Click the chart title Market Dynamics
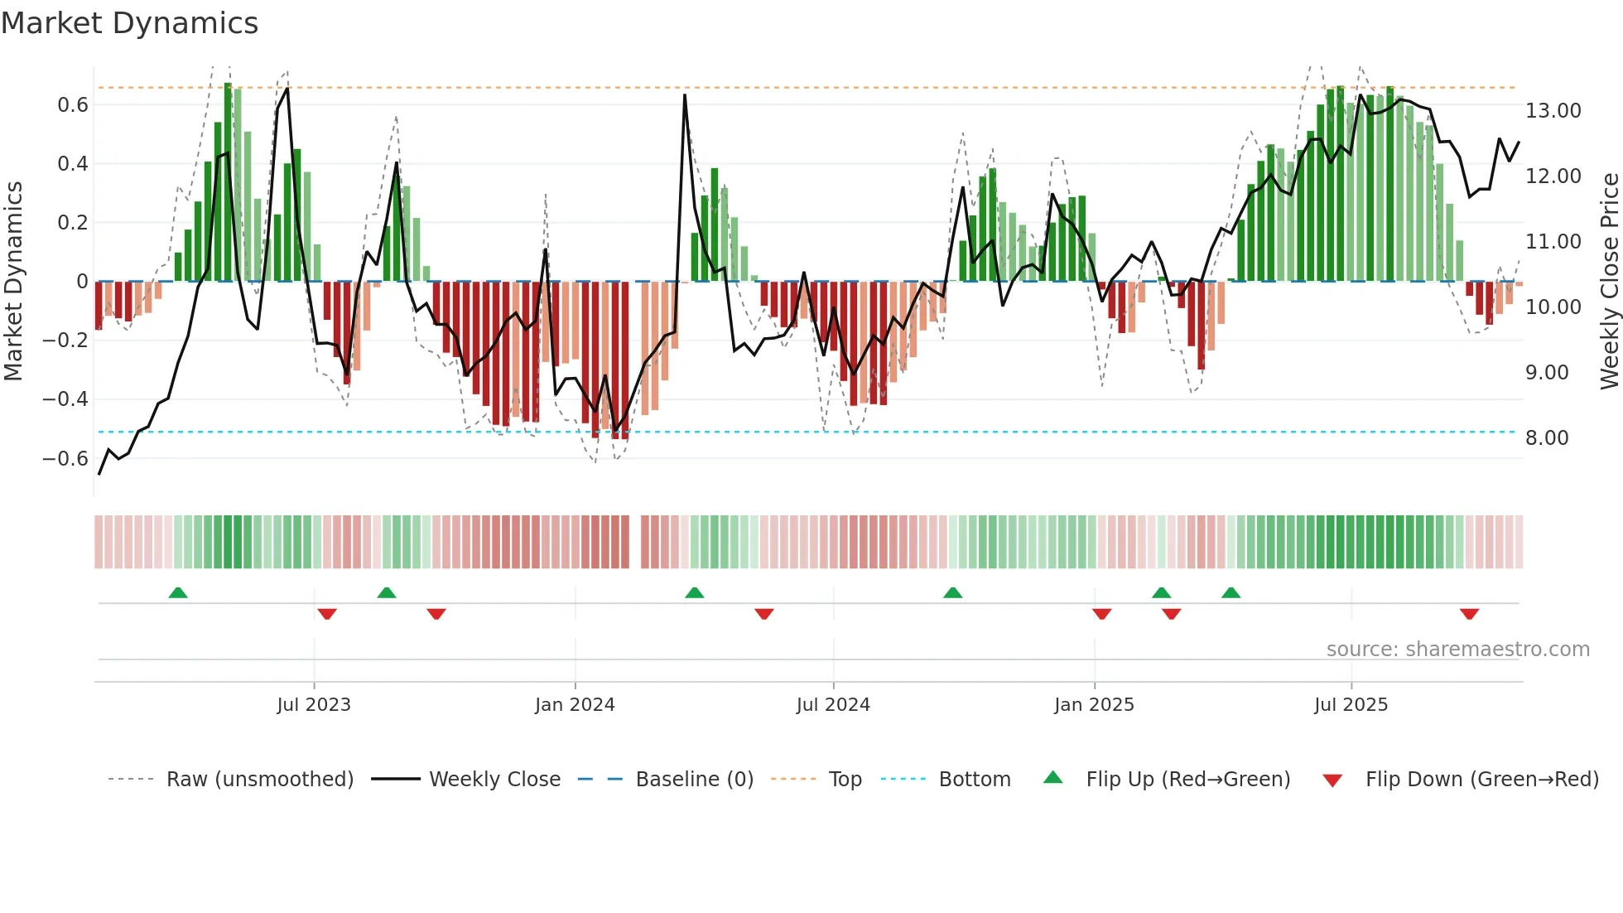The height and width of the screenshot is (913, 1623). (129, 23)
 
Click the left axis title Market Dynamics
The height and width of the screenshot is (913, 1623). (13, 281)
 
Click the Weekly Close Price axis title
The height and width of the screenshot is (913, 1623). (1609, 281)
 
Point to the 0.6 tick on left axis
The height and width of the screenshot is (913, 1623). (73, 105)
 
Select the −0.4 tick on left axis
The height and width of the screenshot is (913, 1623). (65, 399)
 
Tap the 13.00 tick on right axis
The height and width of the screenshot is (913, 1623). (1553, 111)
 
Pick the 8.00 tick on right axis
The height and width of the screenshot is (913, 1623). (1547, 438)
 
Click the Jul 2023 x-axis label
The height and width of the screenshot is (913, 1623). (314, 705)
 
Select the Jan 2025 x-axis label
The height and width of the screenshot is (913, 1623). (1094, 705)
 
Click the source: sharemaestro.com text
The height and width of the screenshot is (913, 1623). (1457, 650)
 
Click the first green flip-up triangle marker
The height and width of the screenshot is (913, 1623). (178, 592)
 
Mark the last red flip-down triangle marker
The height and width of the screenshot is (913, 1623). (1469, 614)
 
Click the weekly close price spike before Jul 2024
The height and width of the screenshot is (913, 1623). (685, 95)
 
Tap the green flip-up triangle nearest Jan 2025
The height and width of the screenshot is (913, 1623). (1161, 592)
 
